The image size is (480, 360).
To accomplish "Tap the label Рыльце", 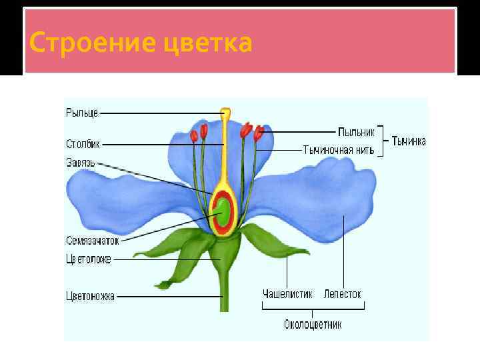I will click(81, 113).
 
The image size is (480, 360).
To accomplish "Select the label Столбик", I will click(83, 143).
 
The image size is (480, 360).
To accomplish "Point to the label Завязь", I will click(81, 162).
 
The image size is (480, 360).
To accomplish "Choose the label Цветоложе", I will click(89, 259).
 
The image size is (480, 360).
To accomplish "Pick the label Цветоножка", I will click(90, 296).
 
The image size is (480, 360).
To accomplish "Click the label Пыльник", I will click(356, 131).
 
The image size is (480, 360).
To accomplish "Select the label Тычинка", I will click(409, 141).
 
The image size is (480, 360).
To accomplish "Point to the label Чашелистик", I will click(287, 294).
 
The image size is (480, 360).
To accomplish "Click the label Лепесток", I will click(342, 294).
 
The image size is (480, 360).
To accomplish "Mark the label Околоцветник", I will click(313, 325).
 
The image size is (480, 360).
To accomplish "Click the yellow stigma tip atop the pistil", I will click(226, 114).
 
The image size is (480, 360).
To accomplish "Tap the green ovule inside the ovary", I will click(224, 211).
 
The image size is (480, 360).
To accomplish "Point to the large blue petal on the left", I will click(127, 200).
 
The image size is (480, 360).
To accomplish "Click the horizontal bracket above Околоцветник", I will click(313, 308).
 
